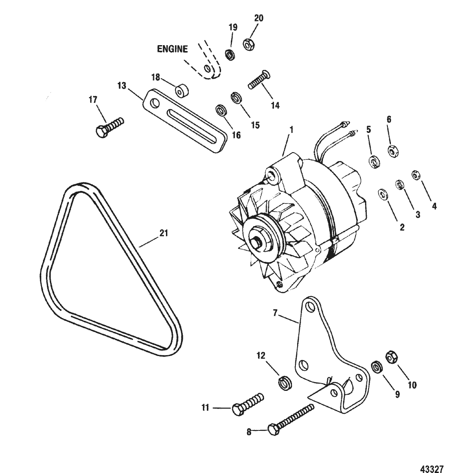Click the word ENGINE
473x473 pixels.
(172, 49)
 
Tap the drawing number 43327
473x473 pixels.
(432, 468)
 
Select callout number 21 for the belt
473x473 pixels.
(164, 233)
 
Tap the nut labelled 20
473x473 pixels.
(249, 45)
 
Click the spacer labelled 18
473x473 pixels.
(182, 91)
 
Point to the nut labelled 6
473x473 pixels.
(393, 150)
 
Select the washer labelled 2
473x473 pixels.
(383, 194)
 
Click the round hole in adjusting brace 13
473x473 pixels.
(155, 103)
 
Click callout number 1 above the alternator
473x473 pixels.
(291, 130)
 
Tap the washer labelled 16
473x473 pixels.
(222, 110)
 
